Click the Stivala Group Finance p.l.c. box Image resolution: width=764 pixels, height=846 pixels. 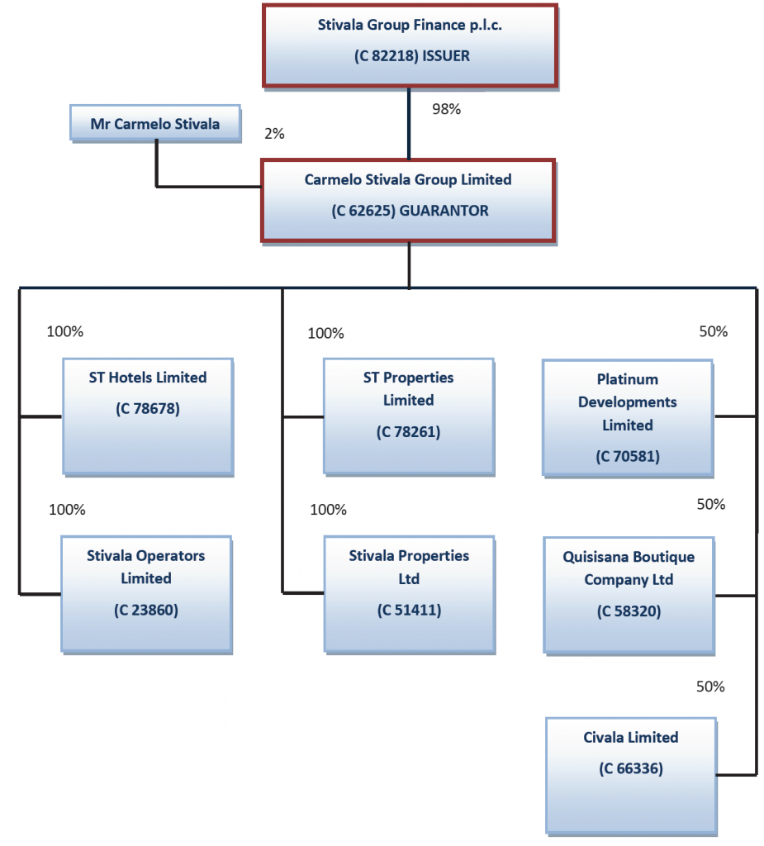(410, 45)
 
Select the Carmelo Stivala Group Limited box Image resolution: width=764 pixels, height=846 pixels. (408, 201)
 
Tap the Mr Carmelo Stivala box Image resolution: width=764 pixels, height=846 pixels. (155, 124)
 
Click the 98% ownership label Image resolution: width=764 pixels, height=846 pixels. (446, 109)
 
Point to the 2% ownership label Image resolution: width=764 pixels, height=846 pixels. (273, 133)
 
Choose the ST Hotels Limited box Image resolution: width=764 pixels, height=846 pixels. (148, 416)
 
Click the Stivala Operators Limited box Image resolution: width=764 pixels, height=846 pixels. (146, 593)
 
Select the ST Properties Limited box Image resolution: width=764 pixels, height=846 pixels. (408, 416)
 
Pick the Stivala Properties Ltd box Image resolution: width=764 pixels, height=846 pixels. (408, 593)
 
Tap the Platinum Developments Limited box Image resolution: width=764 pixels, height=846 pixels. (628, 417)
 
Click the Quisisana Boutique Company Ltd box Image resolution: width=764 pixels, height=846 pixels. (629, 594)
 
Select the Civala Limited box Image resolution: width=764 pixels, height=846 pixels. (631, 774)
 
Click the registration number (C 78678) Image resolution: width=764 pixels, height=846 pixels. (147, 408)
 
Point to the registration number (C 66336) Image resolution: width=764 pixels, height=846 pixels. (631, 768)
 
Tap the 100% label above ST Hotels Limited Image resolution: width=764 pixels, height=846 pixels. (65, 331)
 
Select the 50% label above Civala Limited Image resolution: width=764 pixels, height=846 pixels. (710, 687)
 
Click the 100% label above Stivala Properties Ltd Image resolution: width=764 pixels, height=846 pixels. (328, 510)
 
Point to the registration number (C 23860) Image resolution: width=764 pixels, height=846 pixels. (146, 611)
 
